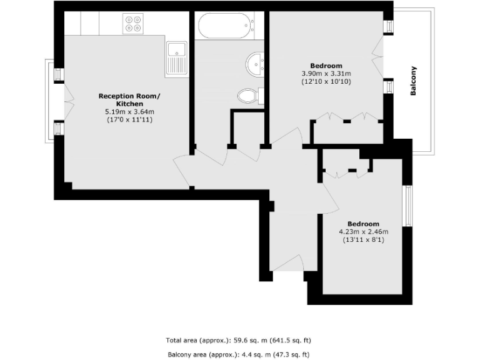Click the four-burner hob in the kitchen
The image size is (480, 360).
[x=132, y=24]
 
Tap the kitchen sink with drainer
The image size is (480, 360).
[x=177, y=58]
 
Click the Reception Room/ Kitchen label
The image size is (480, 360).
[x=129, y=100]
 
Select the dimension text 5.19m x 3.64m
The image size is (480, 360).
[x=129, y=111]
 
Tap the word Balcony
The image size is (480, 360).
[x=413, y=81]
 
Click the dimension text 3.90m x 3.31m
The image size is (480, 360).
[x=326, y=74]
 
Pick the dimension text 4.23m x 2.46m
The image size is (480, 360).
[x=363, y=231]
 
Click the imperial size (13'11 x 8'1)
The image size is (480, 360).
[x=363, y=239]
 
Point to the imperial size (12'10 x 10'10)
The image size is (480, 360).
[x=326, y=81]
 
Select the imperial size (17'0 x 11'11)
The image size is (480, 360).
[x=129, y=119]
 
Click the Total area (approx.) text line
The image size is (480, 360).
[x=238, y=341]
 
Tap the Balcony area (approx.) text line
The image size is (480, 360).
[x=238, y=354]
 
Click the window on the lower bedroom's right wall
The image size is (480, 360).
[x=407, y=206]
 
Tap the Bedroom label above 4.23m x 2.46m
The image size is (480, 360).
[x=363, y=224]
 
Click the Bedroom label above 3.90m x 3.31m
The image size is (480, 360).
[x=326, y=66]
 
